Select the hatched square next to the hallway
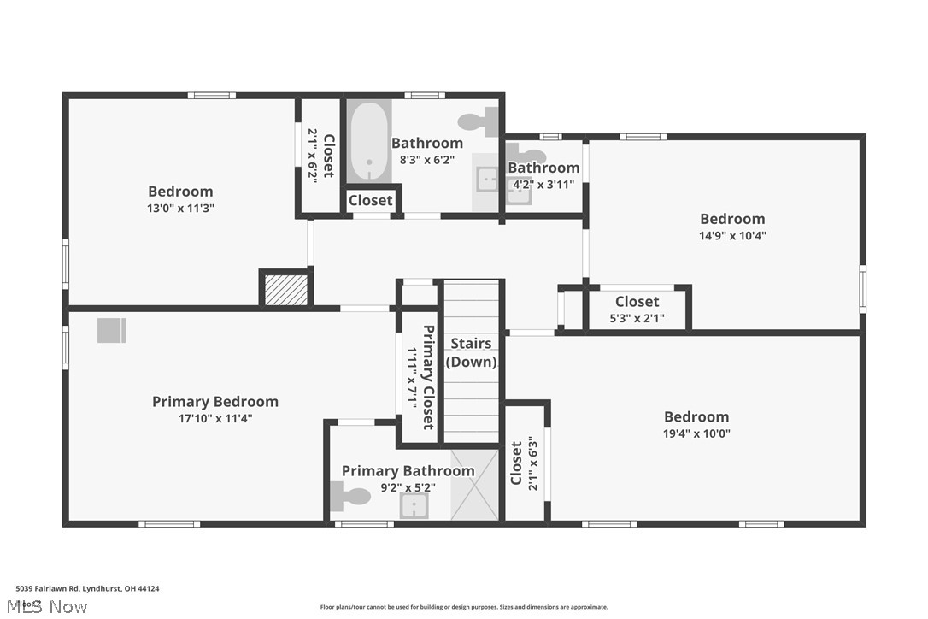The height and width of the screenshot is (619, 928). [285, 289]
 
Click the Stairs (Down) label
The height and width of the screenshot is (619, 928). [471, 352]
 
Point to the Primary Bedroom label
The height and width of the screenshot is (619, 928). [215, 402]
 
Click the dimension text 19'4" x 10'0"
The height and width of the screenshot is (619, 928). [696, 433]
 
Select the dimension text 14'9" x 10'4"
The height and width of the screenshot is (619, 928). [732, 236]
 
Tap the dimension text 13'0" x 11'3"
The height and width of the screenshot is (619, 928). [180, 208]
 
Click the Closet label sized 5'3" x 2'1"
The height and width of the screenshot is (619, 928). [637, 302]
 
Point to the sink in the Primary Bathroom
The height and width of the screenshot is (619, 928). [414, 506]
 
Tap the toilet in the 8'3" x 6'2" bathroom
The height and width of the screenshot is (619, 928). [479, 121]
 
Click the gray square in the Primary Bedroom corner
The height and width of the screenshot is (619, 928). [111, 330]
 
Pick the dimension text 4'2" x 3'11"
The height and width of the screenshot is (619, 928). [543, 184]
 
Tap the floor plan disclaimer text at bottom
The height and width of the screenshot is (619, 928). [464, 607]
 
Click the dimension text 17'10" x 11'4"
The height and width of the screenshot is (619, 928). [215, 419]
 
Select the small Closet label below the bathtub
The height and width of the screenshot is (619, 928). [371, 200]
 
